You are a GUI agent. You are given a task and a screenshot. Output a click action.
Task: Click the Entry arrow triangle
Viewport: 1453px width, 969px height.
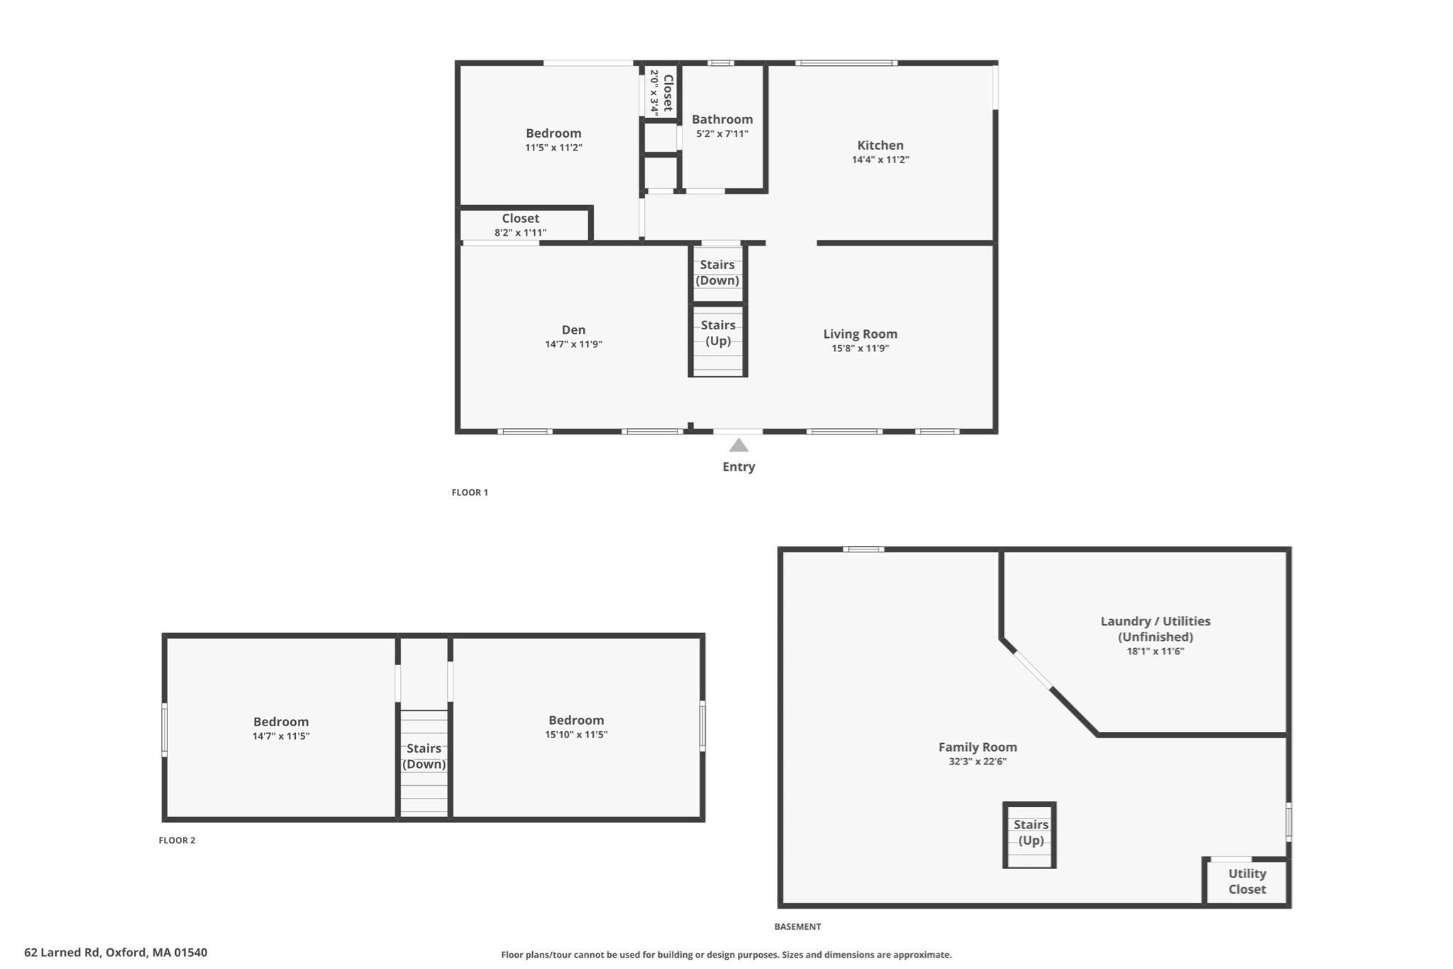point(739,445)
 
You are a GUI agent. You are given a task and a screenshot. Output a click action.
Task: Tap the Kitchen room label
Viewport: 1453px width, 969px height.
point(880,146)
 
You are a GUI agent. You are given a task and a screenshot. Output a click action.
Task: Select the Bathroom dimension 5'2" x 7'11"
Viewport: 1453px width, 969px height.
point(722,133)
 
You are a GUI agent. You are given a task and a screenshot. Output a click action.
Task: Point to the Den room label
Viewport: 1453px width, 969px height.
point(573,329)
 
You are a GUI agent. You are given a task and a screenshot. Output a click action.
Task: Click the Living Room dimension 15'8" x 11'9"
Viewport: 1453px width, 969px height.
point(860,349)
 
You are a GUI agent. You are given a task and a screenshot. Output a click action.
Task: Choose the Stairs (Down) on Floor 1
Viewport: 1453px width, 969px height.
point(717,273)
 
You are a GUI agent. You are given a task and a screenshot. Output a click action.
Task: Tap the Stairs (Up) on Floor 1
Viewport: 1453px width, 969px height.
point(717,333)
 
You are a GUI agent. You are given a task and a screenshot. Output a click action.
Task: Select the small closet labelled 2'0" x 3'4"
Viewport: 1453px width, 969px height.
point(661,92)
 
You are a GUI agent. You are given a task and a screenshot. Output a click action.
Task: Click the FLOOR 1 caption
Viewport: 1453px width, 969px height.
point(470,492)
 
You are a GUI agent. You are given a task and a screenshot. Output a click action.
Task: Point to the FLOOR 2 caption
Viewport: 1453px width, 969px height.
point(177,840)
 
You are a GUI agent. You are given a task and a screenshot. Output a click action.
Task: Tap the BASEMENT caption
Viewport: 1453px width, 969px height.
point(797,926)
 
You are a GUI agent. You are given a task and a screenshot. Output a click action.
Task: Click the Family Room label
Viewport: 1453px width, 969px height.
point(977,747)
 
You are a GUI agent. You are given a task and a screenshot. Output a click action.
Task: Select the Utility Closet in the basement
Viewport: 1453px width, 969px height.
point(1247,882)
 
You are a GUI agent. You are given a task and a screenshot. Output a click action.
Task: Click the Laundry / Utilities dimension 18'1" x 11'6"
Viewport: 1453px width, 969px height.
point(1155,651)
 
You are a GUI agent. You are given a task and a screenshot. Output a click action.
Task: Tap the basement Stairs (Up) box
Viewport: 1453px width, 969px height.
point(1030,833)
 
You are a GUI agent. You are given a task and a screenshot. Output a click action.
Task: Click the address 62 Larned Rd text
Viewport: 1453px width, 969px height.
point(116,953)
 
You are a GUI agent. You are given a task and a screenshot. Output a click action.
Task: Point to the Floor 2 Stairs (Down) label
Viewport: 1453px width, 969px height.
point(424,756)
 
